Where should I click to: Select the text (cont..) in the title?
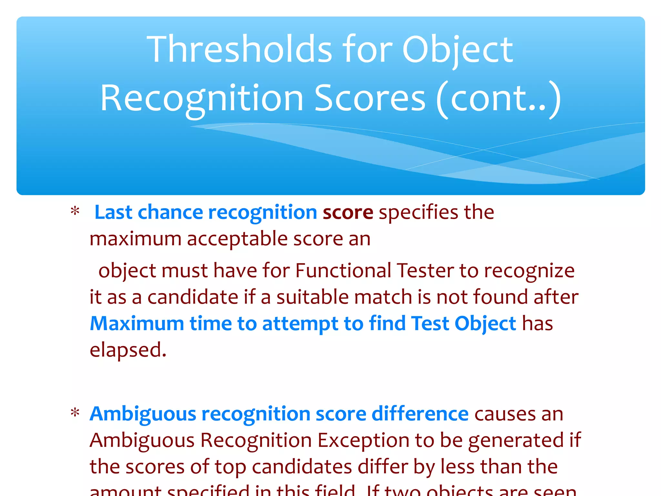[499, 98]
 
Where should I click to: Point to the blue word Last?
[113, 212]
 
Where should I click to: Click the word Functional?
[343, 270]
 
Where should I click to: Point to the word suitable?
[312, 297]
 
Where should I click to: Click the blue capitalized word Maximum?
[137, 324]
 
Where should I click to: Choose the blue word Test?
[430, 324]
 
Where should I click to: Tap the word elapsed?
[128, 350]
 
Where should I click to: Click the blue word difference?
[420, 414]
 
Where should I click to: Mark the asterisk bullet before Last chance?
[75, 212]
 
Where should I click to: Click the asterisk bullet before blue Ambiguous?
[75, 413]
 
